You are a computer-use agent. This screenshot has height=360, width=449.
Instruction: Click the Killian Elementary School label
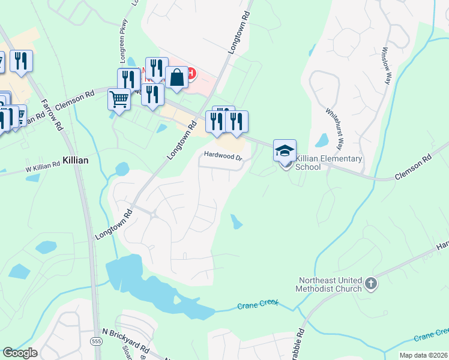(x=328, y=163)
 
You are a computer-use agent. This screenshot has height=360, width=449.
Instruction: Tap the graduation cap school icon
(x=285, y=150)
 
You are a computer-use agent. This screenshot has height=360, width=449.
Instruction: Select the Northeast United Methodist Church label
(x=328, y=284)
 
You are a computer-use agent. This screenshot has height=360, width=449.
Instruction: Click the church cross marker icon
(x=371, y=283)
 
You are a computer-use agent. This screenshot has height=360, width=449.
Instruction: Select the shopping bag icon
(x=176, y=77)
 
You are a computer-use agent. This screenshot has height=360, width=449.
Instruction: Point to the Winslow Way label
(x=385, y=65)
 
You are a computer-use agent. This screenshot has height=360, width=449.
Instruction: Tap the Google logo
(x=20, y=353)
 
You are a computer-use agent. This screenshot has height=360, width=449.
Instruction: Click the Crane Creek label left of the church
(x=259, y=305)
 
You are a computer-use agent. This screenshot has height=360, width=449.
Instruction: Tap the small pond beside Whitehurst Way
(x=322, y=140)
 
